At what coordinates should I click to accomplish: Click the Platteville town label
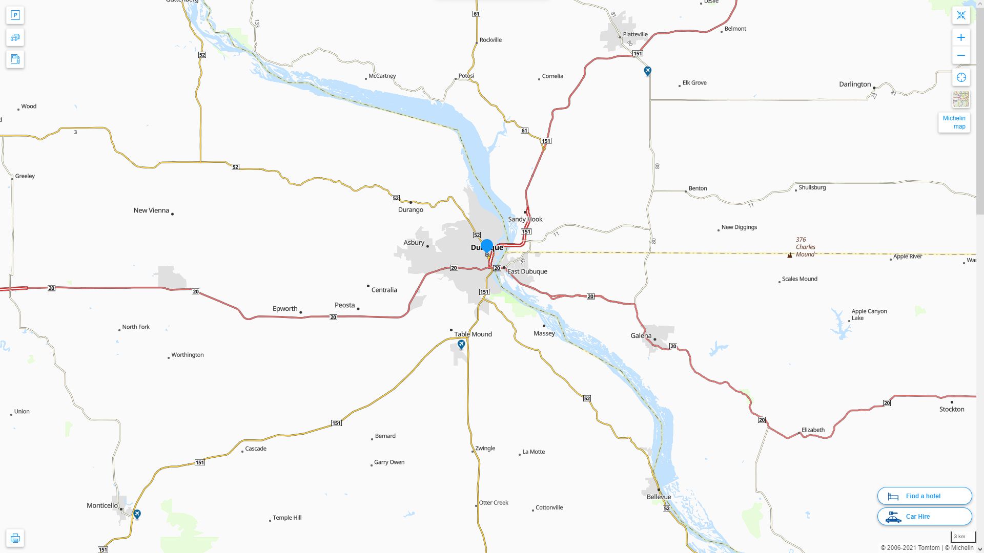pos(635,34)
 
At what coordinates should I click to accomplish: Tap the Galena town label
pos(641,336)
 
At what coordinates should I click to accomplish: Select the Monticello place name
pos(102,505)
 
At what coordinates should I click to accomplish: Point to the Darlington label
pos(854,84)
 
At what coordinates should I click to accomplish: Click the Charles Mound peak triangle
pos(790,255)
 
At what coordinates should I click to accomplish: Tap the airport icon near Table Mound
pos(461,344)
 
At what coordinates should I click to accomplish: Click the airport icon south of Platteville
pos(647,71)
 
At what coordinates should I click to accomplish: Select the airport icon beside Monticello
pos(137,514)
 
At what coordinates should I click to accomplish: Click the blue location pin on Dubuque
pos(487,247)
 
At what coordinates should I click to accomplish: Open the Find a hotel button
pos(924,496)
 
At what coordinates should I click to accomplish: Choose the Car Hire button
pos(924,517)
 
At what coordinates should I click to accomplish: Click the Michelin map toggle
pos(954,122)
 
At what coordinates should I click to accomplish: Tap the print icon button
pos(15,538)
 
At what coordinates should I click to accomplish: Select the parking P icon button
pos(15,15)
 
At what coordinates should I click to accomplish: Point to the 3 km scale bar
pos(962,537)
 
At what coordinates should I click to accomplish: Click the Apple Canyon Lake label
pos(869,314)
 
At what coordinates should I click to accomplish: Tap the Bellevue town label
pos(659,497)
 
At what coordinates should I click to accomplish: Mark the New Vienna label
pos(151,210)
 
